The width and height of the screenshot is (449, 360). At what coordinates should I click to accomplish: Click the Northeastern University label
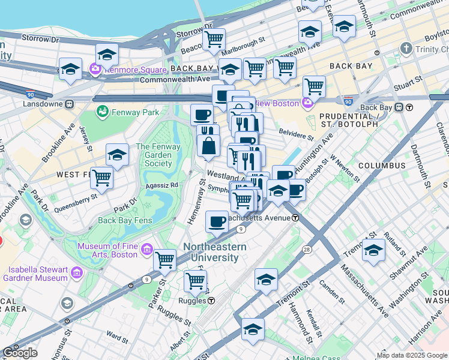214,252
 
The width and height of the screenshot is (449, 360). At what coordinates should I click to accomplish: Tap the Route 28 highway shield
307,232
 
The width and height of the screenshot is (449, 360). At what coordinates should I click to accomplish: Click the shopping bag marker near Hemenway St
208,146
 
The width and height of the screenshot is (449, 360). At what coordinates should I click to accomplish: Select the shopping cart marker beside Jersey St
102,178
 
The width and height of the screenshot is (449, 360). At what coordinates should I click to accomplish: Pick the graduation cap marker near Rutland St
373,250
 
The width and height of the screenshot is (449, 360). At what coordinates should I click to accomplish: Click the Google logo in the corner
20,353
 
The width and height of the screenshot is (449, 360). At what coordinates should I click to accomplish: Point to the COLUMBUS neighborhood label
382,165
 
